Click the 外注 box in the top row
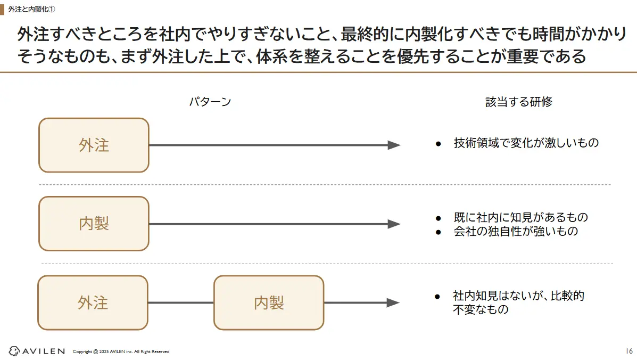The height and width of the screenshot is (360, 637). (94, 145)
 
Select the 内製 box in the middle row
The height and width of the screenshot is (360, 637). (94, 224)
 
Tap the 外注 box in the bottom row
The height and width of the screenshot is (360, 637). (93, 302)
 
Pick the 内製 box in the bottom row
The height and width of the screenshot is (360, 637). (269, 302)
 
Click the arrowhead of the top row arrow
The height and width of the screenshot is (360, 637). (394, 145)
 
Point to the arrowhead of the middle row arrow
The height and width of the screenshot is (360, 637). (394, 224)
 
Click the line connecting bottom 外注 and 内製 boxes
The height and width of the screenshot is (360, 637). (181, 302)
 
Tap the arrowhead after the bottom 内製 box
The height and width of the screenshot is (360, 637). (393, 302)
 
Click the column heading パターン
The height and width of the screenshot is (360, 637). (210, 102)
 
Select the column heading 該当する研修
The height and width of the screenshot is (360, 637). (519, 102)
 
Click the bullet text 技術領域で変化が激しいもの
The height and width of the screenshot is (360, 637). (526, 143)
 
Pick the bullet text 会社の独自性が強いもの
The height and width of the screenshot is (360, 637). (515, 231)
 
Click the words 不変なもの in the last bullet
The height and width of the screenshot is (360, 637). (481, 309)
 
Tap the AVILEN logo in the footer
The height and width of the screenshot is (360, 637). (37, 351)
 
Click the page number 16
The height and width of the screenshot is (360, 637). (628, 351)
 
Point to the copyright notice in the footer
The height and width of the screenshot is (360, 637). (121, 351)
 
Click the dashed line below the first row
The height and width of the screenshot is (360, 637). (325, 184)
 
